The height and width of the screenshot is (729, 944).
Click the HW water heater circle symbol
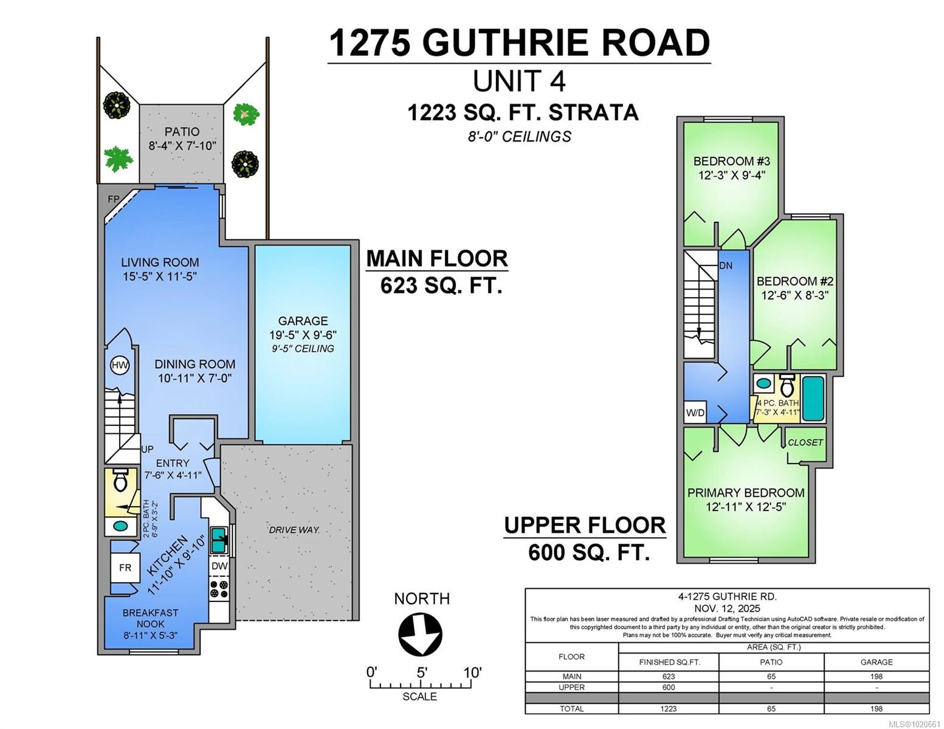(120, 365)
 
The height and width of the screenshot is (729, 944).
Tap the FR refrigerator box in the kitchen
(125, 568)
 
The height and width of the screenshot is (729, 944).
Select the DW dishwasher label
(219, 566)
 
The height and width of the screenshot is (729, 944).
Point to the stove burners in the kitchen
(219, 589)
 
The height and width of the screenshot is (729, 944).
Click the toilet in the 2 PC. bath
(120, 481)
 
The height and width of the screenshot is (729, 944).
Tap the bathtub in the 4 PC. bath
(813, 399)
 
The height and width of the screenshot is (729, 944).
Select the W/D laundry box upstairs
(695, 412)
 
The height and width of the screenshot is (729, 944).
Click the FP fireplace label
(114, 199)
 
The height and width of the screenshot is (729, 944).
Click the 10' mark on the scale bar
(472, 673)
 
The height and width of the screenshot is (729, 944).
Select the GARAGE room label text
(303, 321)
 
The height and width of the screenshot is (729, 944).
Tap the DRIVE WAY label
(294, 530)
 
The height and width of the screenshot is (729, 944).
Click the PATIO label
(182, 131)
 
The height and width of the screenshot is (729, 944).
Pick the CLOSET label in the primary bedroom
(805, 442)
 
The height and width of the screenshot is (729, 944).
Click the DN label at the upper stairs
(726, 265)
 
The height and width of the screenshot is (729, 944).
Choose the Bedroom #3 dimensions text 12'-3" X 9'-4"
(731, 175)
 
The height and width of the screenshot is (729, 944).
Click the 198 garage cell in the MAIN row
(876, 676)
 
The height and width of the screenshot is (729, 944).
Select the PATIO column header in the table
(771, 662)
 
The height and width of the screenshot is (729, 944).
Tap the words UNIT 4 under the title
(519, 81)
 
